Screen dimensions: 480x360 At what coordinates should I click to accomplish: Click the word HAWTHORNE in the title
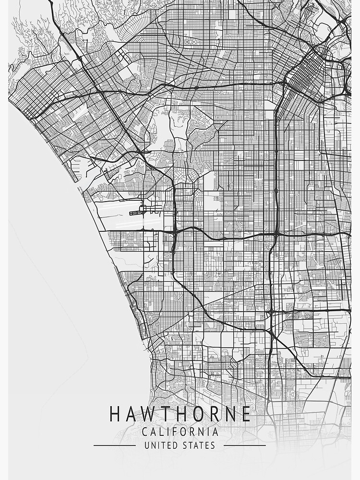pos(180,414)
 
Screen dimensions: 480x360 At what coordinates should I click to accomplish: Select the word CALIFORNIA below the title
pos(180,432)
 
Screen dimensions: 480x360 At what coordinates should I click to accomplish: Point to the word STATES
pos(198,445)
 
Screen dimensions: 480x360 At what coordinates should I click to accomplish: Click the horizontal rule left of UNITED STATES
pos(114,445)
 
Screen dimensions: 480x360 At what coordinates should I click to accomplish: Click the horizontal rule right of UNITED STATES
pos(244,445)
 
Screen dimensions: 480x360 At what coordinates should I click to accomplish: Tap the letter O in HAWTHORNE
pos(197,414)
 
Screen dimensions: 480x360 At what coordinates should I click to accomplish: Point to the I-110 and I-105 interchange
pos(276,234)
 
